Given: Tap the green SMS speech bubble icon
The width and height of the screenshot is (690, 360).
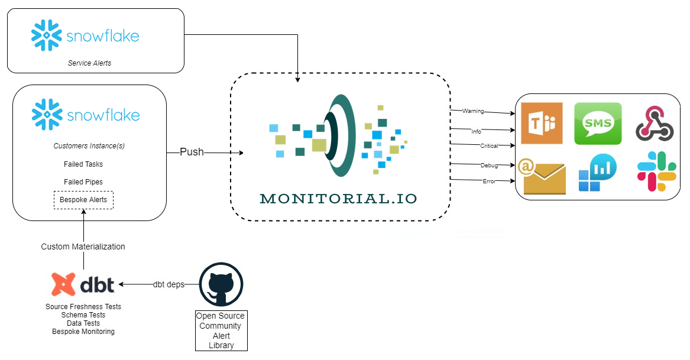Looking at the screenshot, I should (598, 123).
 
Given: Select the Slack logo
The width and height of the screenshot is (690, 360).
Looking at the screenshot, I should (657, 171).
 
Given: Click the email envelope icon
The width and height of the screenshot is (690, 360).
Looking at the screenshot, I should (541, 176).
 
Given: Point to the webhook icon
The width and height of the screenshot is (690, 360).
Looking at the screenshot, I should (655, 124).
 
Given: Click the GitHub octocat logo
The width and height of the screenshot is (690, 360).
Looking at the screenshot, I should (221, 284).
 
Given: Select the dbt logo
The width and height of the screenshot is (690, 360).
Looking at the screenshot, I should (82, 284).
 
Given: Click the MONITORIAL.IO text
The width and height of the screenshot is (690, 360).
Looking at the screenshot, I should (339, 199).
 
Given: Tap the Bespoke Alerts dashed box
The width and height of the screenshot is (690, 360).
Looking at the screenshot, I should (83, 200).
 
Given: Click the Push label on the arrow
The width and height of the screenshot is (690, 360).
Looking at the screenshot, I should (192, 152).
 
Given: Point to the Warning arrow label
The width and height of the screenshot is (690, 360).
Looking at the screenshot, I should (472, 111).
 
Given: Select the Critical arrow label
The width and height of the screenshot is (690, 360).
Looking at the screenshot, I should (488, 145).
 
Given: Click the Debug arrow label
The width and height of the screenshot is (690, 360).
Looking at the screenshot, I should (489, 165).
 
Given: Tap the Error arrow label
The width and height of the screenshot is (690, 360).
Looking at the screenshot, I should (488, 181).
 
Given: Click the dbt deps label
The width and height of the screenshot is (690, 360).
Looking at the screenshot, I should (169, 284).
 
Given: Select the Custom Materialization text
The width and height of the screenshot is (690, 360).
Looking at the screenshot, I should (83, 247).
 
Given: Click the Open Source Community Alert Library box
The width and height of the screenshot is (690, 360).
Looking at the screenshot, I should (221, 330).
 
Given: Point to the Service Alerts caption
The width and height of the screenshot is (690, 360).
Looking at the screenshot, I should (89, 63).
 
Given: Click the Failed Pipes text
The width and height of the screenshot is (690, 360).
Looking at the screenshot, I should (83, 182).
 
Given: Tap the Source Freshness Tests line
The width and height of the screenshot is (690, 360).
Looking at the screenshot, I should (83, 307).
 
